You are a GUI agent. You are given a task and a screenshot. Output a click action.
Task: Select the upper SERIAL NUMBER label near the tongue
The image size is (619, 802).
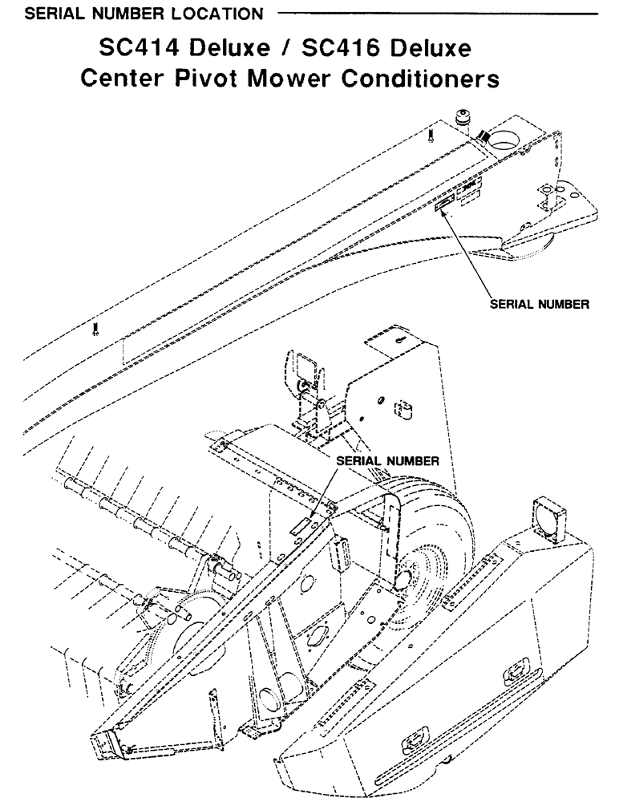[x=540, y=305]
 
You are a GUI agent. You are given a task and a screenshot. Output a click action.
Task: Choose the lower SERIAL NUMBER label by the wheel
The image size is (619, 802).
[x=387, y=462]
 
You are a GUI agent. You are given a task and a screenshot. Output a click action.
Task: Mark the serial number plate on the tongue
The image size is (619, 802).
[x=444, y=208]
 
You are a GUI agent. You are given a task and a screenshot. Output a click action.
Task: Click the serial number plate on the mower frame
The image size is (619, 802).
[x=301, y=525]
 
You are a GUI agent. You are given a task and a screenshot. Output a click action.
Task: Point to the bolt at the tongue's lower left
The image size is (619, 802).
[x=95, y=328]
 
